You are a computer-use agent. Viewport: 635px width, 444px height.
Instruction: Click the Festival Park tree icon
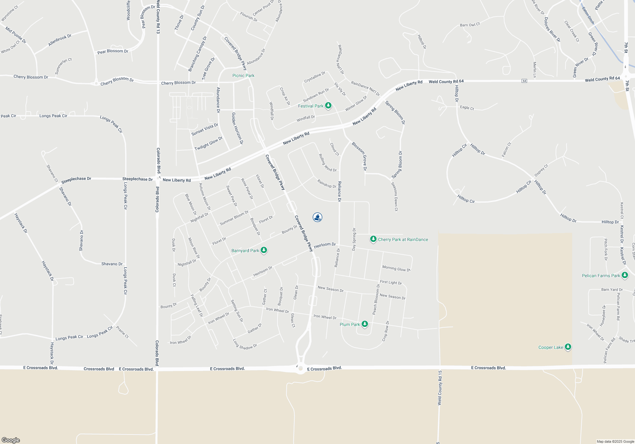[328, 105]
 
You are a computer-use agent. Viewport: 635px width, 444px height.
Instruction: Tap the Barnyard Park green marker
[264, 250]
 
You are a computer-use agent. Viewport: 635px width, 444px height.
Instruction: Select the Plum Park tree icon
[365, 324]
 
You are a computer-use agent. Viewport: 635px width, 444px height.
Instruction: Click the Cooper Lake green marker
[568, 347]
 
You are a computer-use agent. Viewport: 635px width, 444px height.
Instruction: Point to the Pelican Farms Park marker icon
[625, 275]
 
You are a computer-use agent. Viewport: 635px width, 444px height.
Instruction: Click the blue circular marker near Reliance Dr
[317, 217]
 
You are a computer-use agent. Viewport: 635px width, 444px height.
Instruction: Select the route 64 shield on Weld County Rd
[524, 81]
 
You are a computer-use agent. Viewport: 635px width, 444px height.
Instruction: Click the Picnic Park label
[243, 75]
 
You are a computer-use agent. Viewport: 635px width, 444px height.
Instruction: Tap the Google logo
[11, 440]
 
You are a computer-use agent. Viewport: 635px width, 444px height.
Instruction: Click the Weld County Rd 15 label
[440, 388]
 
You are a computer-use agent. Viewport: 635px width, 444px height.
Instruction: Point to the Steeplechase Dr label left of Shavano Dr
[76, 180]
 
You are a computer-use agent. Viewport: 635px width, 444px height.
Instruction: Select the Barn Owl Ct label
[470, 25]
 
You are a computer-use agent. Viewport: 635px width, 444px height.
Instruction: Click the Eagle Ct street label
[467, 108]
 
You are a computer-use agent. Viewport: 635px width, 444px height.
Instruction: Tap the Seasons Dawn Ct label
[394, 197]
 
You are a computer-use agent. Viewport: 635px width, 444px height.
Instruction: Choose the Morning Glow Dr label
[396, 269]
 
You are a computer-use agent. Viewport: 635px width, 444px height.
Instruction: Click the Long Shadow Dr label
[245, 345]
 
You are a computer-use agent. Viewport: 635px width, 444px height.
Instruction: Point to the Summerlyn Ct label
[63, 66]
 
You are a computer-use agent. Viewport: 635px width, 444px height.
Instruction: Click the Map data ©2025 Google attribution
[615, 441]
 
